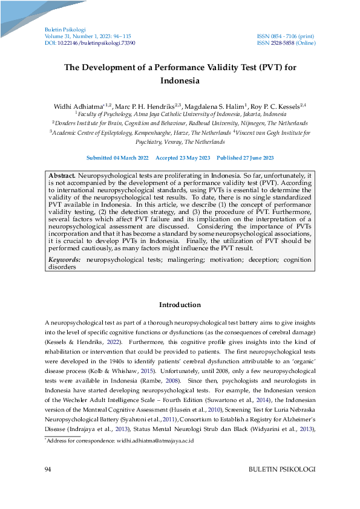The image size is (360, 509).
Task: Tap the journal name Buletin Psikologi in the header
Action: (65, 30)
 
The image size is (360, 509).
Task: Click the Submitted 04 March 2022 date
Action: (117, 158)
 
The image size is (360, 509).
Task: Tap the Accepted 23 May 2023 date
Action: (183, 158)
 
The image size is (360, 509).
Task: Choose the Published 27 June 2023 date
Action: (245, 158)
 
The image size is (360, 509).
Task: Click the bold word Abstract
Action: (62, 174)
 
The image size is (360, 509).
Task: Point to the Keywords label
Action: (64, 259)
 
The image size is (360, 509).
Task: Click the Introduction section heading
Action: (180, 305)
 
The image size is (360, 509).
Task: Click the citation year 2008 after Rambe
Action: (175, 381)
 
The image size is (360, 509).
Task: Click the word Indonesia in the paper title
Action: (180, 80)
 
